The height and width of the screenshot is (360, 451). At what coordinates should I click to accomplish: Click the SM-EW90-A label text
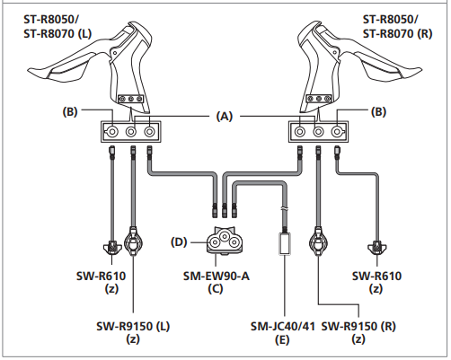tap(217, 276)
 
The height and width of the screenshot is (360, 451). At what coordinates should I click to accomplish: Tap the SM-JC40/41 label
tap(283, 326)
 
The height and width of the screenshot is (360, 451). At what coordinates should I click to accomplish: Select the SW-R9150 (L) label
tap(133, 326)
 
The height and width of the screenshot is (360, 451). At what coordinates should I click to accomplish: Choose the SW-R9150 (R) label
tap(358, 326)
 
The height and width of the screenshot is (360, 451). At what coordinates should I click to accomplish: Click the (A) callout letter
tap(225, 116)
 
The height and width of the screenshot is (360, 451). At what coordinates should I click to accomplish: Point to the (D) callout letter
tap(179, 241)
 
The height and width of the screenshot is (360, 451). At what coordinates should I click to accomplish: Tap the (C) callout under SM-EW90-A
tap(216, 289)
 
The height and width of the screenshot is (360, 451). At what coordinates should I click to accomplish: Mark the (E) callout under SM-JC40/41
tap(282, 339)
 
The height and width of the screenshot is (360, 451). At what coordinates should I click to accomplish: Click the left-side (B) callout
tap(70, 111)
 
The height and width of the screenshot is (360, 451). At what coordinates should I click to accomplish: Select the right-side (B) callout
tap(378, 111)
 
